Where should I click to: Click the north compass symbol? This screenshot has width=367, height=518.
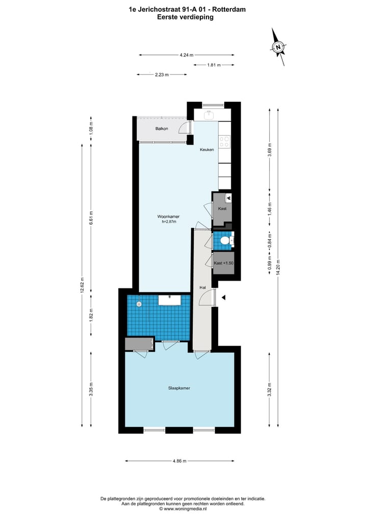pyautogui.click(x=278, y=47)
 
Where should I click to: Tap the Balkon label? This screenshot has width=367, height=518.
pyautogui.click(x=162, y=128)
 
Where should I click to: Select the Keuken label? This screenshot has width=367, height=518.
pyautogui.click(x=206, y=149)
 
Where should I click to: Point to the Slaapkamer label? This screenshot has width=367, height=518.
pyautogui.click(x=179, y=388)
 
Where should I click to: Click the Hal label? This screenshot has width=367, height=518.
pyautogui.click(x=203, y=288)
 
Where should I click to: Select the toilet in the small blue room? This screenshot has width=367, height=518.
pyautogui.click(x=230, y=240)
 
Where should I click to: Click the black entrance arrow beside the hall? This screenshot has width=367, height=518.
pyautogui.click(x=223, y=297)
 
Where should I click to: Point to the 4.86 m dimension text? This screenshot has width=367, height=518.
pyautogui.click(x=179, y=461)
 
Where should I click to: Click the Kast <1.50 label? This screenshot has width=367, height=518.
pyautogui.click(x=223, y=263)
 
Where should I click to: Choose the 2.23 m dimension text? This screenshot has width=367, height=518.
pyautogui.click(x=162, y=75)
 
